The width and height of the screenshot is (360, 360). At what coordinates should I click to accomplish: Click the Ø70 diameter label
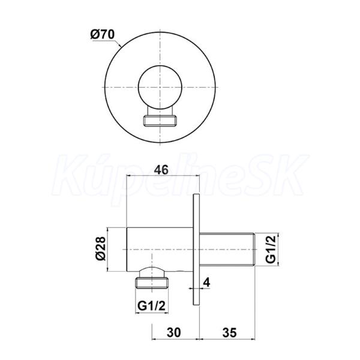click(x=102, y=35)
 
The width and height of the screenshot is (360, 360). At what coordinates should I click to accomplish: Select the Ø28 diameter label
click(x=101, y=248)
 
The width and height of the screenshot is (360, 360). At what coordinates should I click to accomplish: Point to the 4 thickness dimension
click(x=206, y=283)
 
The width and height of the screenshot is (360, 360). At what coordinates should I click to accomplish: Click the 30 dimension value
click(x=174, y=332)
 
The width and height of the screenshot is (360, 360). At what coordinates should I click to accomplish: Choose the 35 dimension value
click(x=229, y=332)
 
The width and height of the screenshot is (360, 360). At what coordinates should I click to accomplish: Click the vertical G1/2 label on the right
click(x=271, y=250)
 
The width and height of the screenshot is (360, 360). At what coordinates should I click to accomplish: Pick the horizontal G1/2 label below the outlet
click(x=151, y=305)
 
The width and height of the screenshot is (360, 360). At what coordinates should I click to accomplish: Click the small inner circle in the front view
click(x=160, y=88)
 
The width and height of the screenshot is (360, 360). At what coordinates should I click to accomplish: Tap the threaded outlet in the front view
click(x=160, y=121)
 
